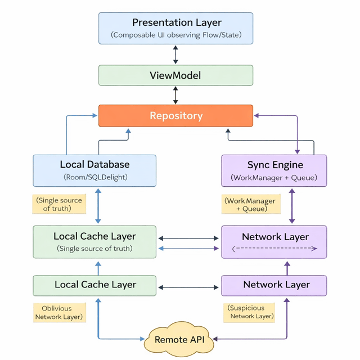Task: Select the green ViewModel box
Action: tap(175, 75)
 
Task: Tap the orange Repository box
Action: tap(175, 116)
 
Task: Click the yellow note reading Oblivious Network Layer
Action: tap(59, 313)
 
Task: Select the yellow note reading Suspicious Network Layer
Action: tap(251, 312)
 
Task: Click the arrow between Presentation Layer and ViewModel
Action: tap(175, 55)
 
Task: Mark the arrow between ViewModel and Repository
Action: tap(175, 95)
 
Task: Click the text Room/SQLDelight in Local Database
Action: tap(94, 177)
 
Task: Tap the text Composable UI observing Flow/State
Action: tap(175, 35)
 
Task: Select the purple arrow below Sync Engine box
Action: tap(291, 206)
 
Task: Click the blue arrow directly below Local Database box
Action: tap(98, 206)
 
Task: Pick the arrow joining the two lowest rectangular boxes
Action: tap(188, 287)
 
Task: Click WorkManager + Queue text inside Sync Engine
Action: tap(274, 178)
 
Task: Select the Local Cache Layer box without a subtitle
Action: tap(94, 285)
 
